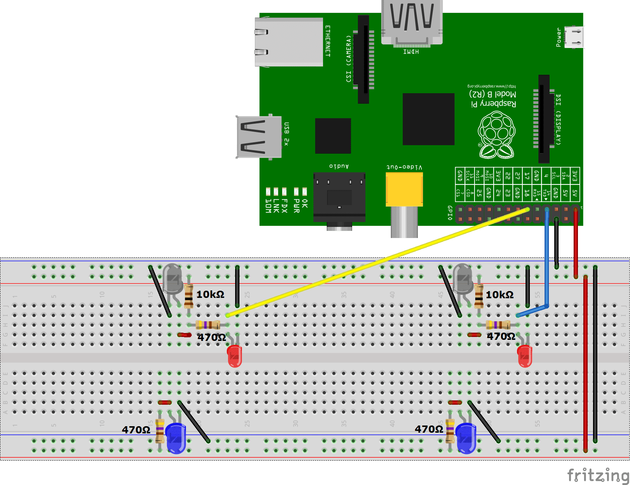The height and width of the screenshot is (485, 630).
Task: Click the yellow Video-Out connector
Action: [x=404, y=189]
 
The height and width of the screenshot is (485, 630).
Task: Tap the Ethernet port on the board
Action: [x=289, y=42]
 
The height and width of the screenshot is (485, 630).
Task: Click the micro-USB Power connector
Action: [x=573, y=37]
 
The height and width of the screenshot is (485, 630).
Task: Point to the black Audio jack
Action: [x=339, y=197]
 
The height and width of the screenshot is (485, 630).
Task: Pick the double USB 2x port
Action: [x=259, y=137]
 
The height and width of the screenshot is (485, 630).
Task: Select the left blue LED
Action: [x=176, y=438]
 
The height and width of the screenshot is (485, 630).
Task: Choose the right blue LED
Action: [x=466, y=438]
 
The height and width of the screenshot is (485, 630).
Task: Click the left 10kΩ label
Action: [x=210, y=295]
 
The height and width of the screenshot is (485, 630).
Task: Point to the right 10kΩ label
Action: [x=500, y=295]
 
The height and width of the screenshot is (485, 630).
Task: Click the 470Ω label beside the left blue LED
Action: [x=136, y=430]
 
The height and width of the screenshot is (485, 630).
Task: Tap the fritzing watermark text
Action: [x=598, y=476]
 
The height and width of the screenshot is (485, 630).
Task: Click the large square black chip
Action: [x=428, y=119]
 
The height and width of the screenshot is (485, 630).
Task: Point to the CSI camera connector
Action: [x=364, y=59]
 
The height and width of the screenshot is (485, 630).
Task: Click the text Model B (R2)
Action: [x=493, y=94]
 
